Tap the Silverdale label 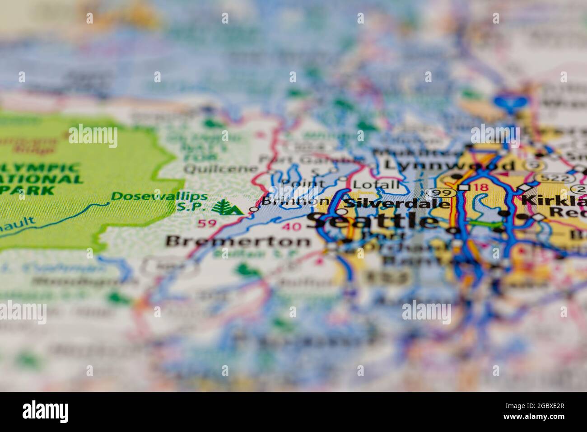click(x=397, y=203)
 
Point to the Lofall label click(x=376, y=184)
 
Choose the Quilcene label click(x=221, y=169)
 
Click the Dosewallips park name click(x=159, y=196)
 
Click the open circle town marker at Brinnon click(x=254, y=209)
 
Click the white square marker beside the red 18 click(x=464, y=187)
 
